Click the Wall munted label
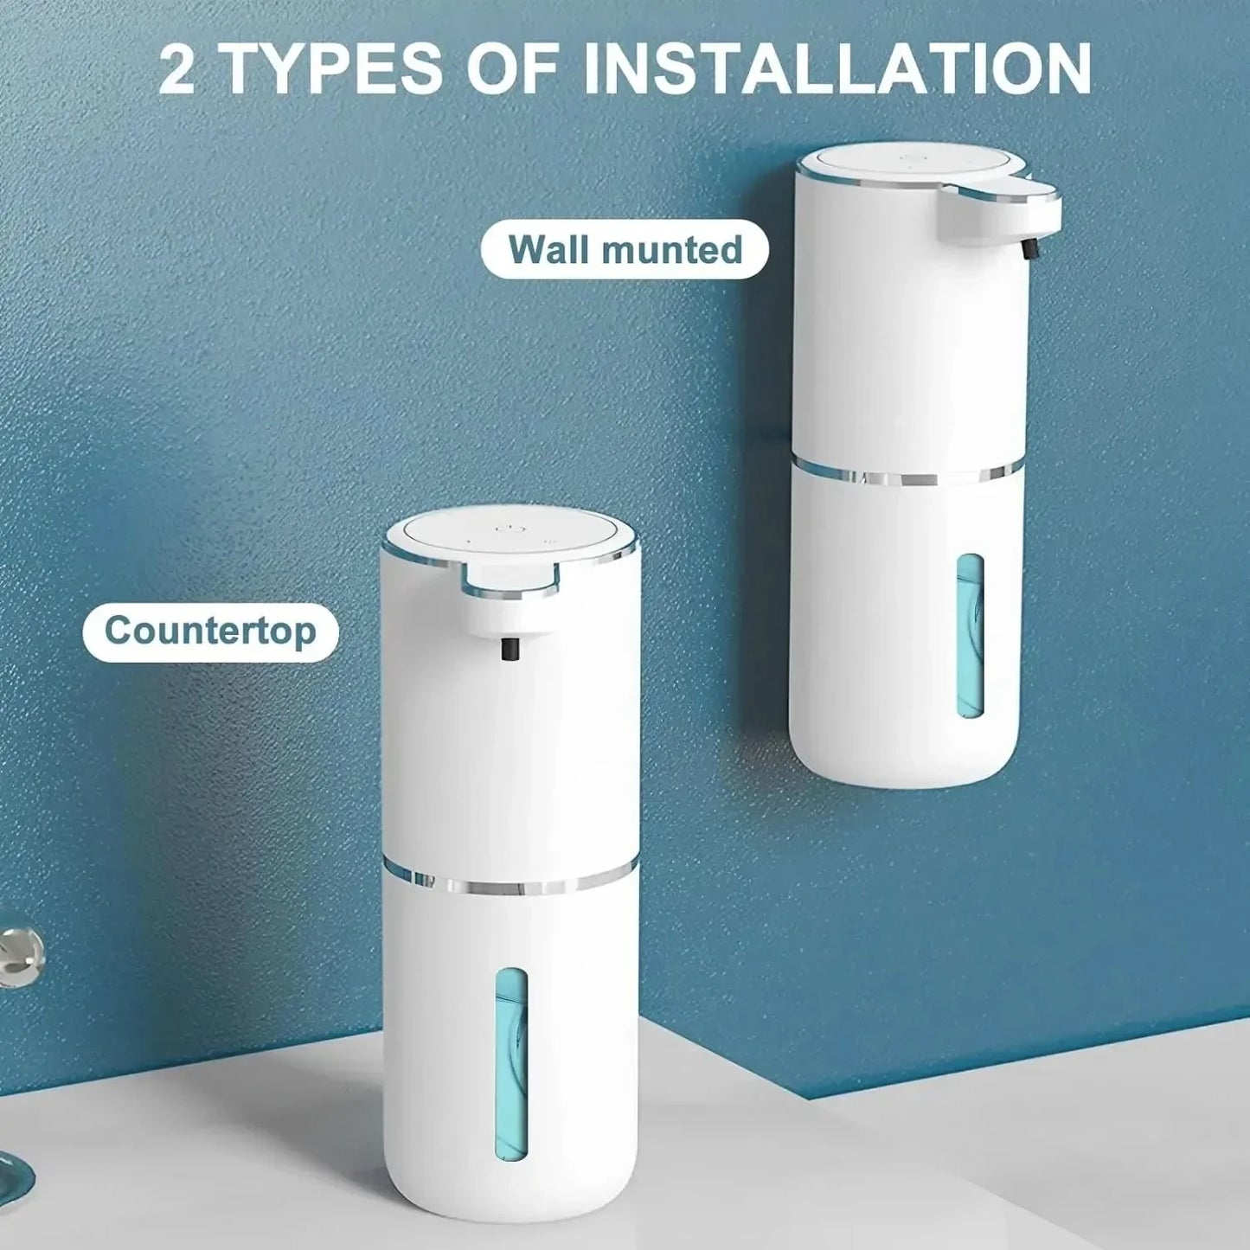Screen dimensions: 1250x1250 click(625, 250)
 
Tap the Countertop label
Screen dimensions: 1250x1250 click(210, 631)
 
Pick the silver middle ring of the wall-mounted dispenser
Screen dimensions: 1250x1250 click(908, 475)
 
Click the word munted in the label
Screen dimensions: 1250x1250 click(672, 250)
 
